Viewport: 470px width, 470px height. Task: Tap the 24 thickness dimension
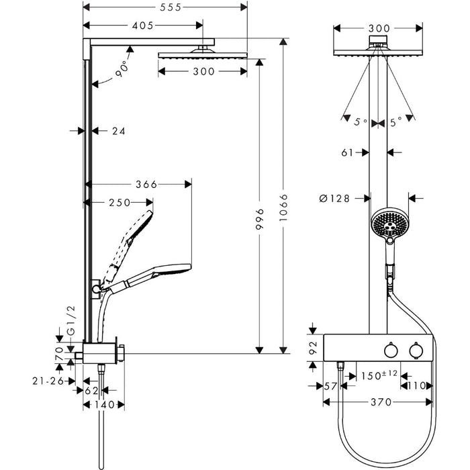point(118,131)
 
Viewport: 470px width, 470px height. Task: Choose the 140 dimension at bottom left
point(104,405)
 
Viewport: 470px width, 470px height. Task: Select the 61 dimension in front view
point(347,152)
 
